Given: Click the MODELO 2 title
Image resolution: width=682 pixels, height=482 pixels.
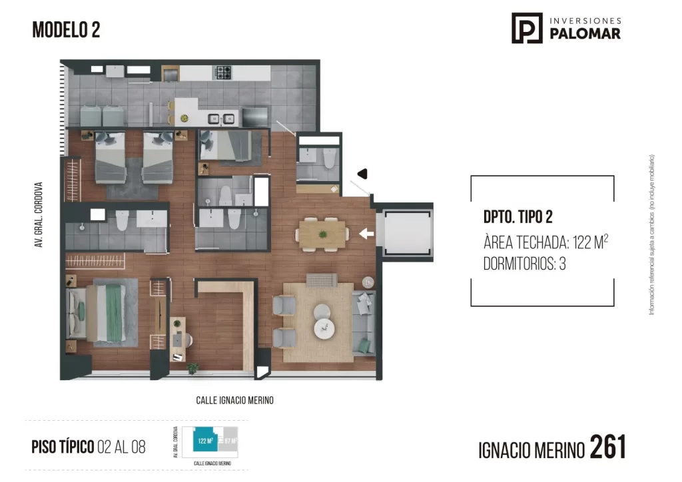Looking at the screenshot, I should click(66, 30).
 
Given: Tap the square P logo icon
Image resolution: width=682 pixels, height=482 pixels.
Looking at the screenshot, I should click(527, 28).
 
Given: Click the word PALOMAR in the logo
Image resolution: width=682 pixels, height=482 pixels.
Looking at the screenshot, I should click(585, 34).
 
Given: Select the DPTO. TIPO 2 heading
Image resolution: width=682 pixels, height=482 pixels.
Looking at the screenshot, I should click(518, 218).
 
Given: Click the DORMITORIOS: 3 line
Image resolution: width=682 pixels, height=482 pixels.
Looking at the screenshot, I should click(524, 264).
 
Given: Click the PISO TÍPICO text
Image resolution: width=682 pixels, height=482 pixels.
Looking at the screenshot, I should click(62, 447).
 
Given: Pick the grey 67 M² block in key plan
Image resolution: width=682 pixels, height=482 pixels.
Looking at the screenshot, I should click(229, 441).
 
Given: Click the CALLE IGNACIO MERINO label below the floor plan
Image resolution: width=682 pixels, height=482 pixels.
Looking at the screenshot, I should click(234, 401).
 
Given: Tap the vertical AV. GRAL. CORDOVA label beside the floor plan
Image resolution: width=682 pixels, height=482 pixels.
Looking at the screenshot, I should click(39, 215).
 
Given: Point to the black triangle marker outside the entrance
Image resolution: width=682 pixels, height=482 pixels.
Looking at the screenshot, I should click(363, 174).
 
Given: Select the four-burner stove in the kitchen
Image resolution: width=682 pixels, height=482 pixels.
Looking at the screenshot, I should click(222, 72).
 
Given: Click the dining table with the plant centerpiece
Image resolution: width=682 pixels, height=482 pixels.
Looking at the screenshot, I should click(322, 234).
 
